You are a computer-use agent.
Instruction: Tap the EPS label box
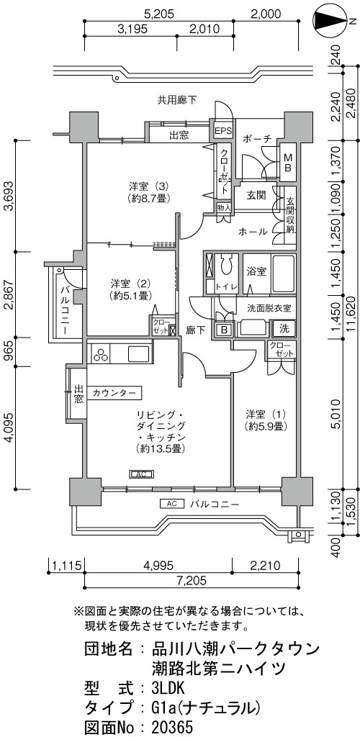[224, 132]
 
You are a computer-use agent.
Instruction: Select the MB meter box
[287, 163]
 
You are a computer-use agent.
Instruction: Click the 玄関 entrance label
[256, 195]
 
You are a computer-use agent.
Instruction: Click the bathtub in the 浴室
[284, 273]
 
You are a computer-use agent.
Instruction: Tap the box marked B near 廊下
[224, 330]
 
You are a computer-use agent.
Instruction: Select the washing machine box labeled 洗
[285, 328]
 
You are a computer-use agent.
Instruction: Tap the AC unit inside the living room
[141, 475]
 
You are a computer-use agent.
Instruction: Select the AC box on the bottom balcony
[171, 504]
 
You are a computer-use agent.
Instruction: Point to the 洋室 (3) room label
[148, 191]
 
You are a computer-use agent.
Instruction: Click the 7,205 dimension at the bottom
[192, 581]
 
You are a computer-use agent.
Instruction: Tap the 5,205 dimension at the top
[159, 14]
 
